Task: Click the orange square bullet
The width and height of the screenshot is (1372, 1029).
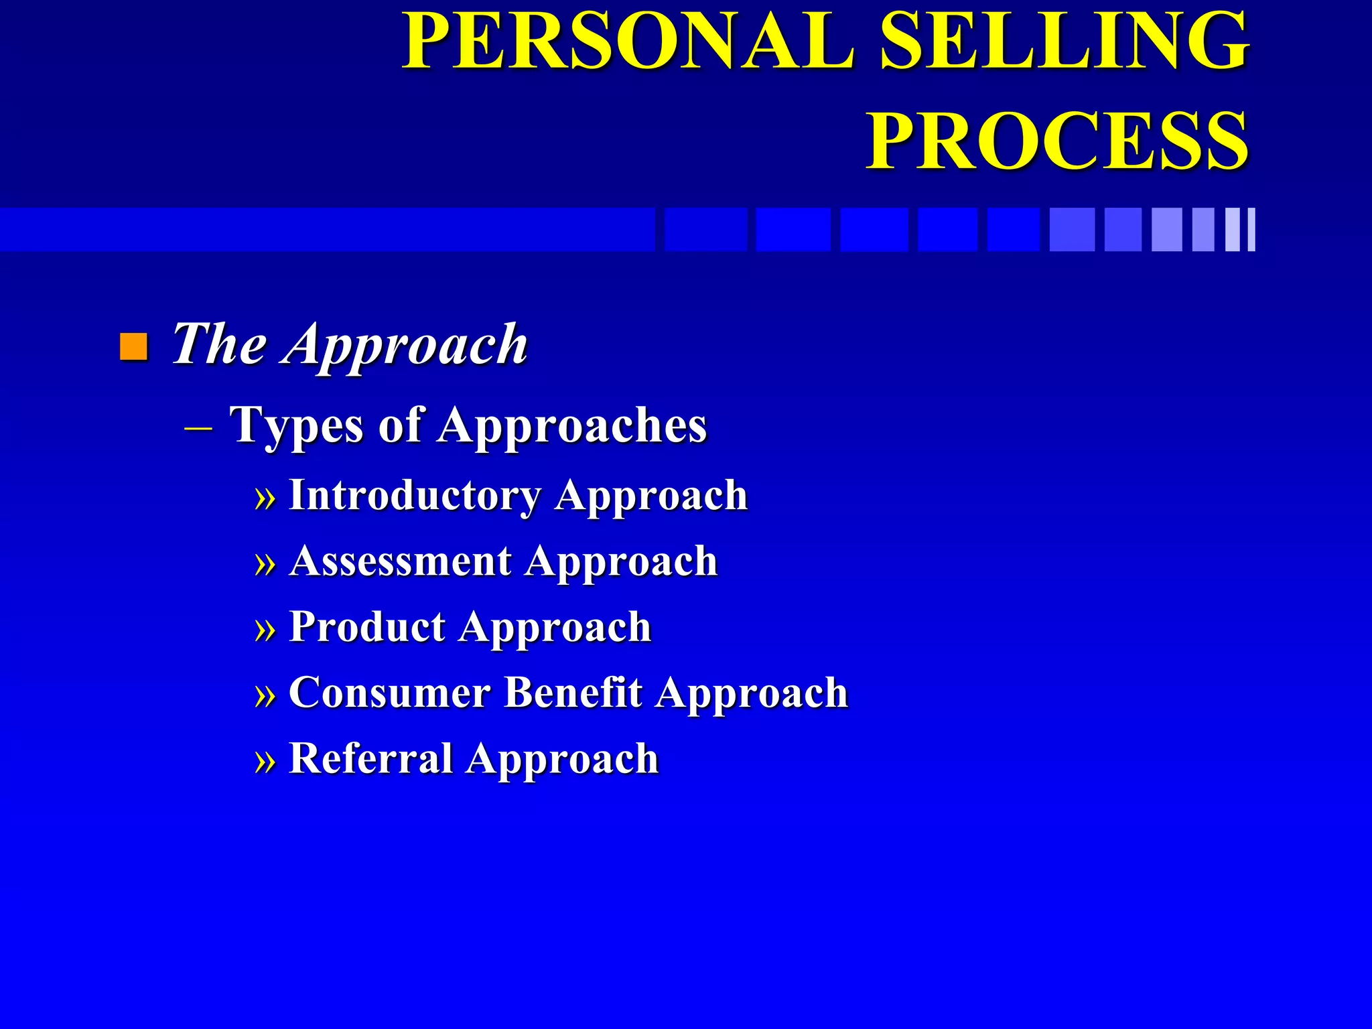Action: (133, 346)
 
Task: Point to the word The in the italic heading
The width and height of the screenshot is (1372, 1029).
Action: (219, 344)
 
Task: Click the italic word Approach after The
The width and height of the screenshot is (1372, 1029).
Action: (406, 346)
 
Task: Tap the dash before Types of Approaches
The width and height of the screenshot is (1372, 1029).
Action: (198, 427)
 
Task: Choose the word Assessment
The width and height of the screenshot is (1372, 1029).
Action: (401, 561)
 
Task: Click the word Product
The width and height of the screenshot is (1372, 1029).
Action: (367, 627)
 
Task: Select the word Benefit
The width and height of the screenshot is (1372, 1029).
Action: (573, 692)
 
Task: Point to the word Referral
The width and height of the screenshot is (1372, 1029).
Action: (370, 758)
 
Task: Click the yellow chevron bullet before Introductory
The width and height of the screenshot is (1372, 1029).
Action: (265, 499)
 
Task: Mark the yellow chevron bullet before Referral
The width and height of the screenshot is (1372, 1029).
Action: (265, 762)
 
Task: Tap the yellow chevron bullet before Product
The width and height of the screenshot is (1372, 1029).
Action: (265, 630)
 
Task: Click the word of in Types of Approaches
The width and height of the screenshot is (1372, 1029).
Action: (400, 425)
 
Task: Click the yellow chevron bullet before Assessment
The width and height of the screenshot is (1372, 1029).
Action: (265, 565)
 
